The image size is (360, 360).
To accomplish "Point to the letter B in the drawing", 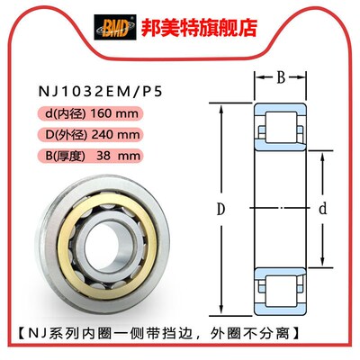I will click(x=280, y=79).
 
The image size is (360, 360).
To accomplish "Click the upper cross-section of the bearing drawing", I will click(x=280, y=127).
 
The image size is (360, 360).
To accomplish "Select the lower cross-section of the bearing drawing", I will click(x=280, y=289).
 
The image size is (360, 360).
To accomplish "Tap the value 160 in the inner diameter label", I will click(x=107, y=115).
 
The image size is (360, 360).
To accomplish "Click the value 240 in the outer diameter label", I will click(x=109, y=135).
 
